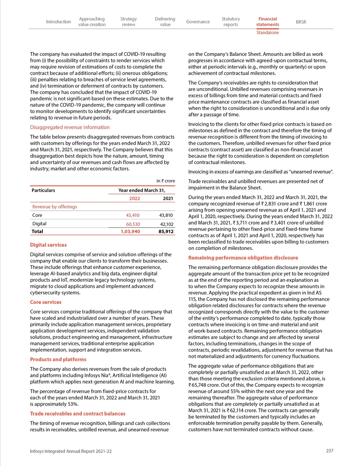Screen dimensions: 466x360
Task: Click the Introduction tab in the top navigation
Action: coord(58,22)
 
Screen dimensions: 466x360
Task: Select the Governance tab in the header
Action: coord(198,22)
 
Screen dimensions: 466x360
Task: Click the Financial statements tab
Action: coord(267,22)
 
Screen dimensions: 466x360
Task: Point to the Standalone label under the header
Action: coord(267,33)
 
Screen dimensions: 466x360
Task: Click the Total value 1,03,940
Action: coord(130,232)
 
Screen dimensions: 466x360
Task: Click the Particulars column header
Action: coord(43,190)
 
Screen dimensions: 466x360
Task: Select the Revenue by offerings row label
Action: coord(54,207)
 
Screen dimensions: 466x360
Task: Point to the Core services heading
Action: coord(45,302)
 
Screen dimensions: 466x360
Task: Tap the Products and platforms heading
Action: coord(58,359)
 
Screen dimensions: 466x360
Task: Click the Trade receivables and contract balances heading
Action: coord(77,413)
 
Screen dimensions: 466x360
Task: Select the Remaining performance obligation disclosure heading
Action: coord(243,258)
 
